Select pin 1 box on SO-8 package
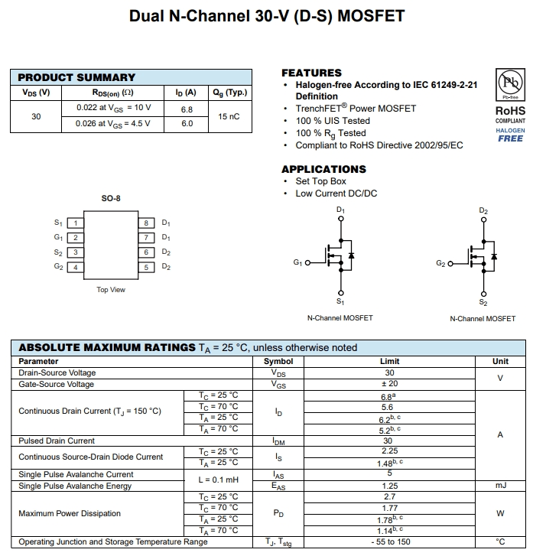(75, 223)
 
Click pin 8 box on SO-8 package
(147, 223)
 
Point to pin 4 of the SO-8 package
(75, 267)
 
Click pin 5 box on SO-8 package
(147, 267)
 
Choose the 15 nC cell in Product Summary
(229, 116)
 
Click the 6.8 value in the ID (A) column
(187, 109)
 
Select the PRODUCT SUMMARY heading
(76, 77)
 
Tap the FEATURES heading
(311, 73)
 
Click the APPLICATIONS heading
(323, 169)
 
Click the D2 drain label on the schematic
(483, 210)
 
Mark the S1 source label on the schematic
(340, 302)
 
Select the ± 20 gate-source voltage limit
(389, 384)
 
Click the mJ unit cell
(500, 486)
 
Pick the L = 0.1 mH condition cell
(219, 480)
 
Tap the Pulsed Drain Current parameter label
(57, 441)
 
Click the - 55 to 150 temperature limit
(389, 542)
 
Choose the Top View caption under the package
(111, 290)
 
